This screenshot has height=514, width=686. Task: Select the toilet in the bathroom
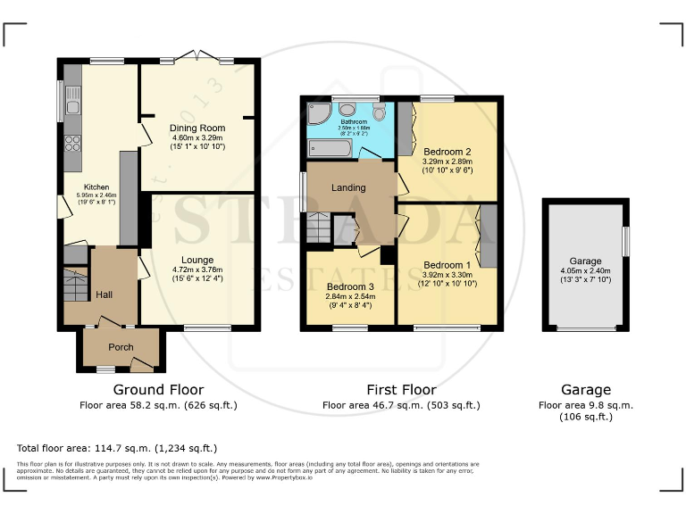[x=380, y=112]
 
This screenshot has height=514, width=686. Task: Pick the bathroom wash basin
[x=347, y=109]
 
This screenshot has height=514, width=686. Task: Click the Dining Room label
[x=197, y=128]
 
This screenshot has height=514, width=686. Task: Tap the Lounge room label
[x=197, y=261]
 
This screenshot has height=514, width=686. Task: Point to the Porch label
[x=121, y=347]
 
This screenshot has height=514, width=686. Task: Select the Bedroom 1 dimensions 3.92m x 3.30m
[x=447, y=275]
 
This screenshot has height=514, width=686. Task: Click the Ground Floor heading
[x=158, y=390]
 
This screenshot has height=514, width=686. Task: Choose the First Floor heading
[x=401, y=390]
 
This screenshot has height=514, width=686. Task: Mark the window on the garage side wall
[x=624, y=240]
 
